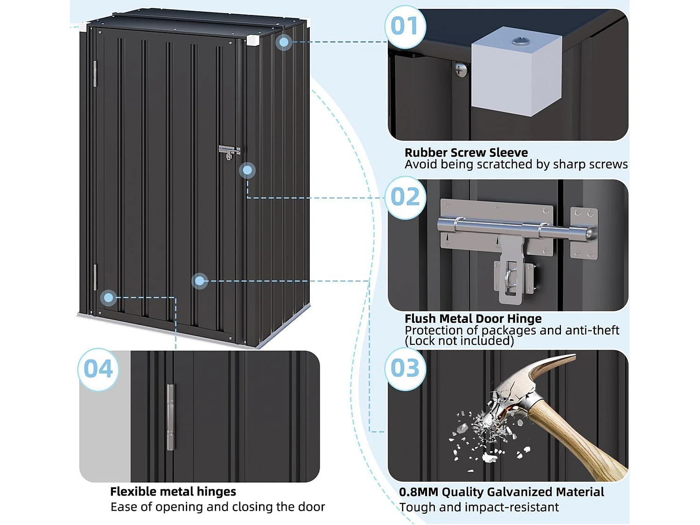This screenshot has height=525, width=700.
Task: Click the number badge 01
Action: [x=405, y=27]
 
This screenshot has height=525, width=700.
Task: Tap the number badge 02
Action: [x=405, y=197]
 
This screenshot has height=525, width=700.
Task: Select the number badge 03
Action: [x=405, y=369]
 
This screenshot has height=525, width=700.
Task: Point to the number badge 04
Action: [x=98, y=370]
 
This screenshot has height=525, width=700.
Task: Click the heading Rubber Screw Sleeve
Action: [x=466, y=153]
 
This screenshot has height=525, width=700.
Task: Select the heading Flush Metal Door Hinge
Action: [x=473, y=319]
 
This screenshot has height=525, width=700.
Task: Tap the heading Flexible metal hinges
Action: [x=173, y=491]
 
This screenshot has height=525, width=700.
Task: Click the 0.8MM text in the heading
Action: [x=419, y=492]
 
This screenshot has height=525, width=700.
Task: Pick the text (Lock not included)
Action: [x=459, y=341]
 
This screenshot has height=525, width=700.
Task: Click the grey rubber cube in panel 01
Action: [x=516, y=77]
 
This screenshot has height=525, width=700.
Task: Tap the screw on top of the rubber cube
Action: [x=521, y=42]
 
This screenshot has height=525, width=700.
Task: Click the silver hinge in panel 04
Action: [x=170, y=417]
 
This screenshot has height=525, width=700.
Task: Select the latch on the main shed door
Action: [x=229, y=152]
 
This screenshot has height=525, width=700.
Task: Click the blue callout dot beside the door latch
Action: [x=247, y=170]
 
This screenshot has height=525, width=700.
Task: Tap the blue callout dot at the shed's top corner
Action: [x=283, y=42]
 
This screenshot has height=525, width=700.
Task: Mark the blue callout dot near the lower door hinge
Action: [x=109, y=297]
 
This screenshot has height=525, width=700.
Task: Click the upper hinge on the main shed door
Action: [x=95, y=74]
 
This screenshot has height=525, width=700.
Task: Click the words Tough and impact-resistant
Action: [x=479, y=507]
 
